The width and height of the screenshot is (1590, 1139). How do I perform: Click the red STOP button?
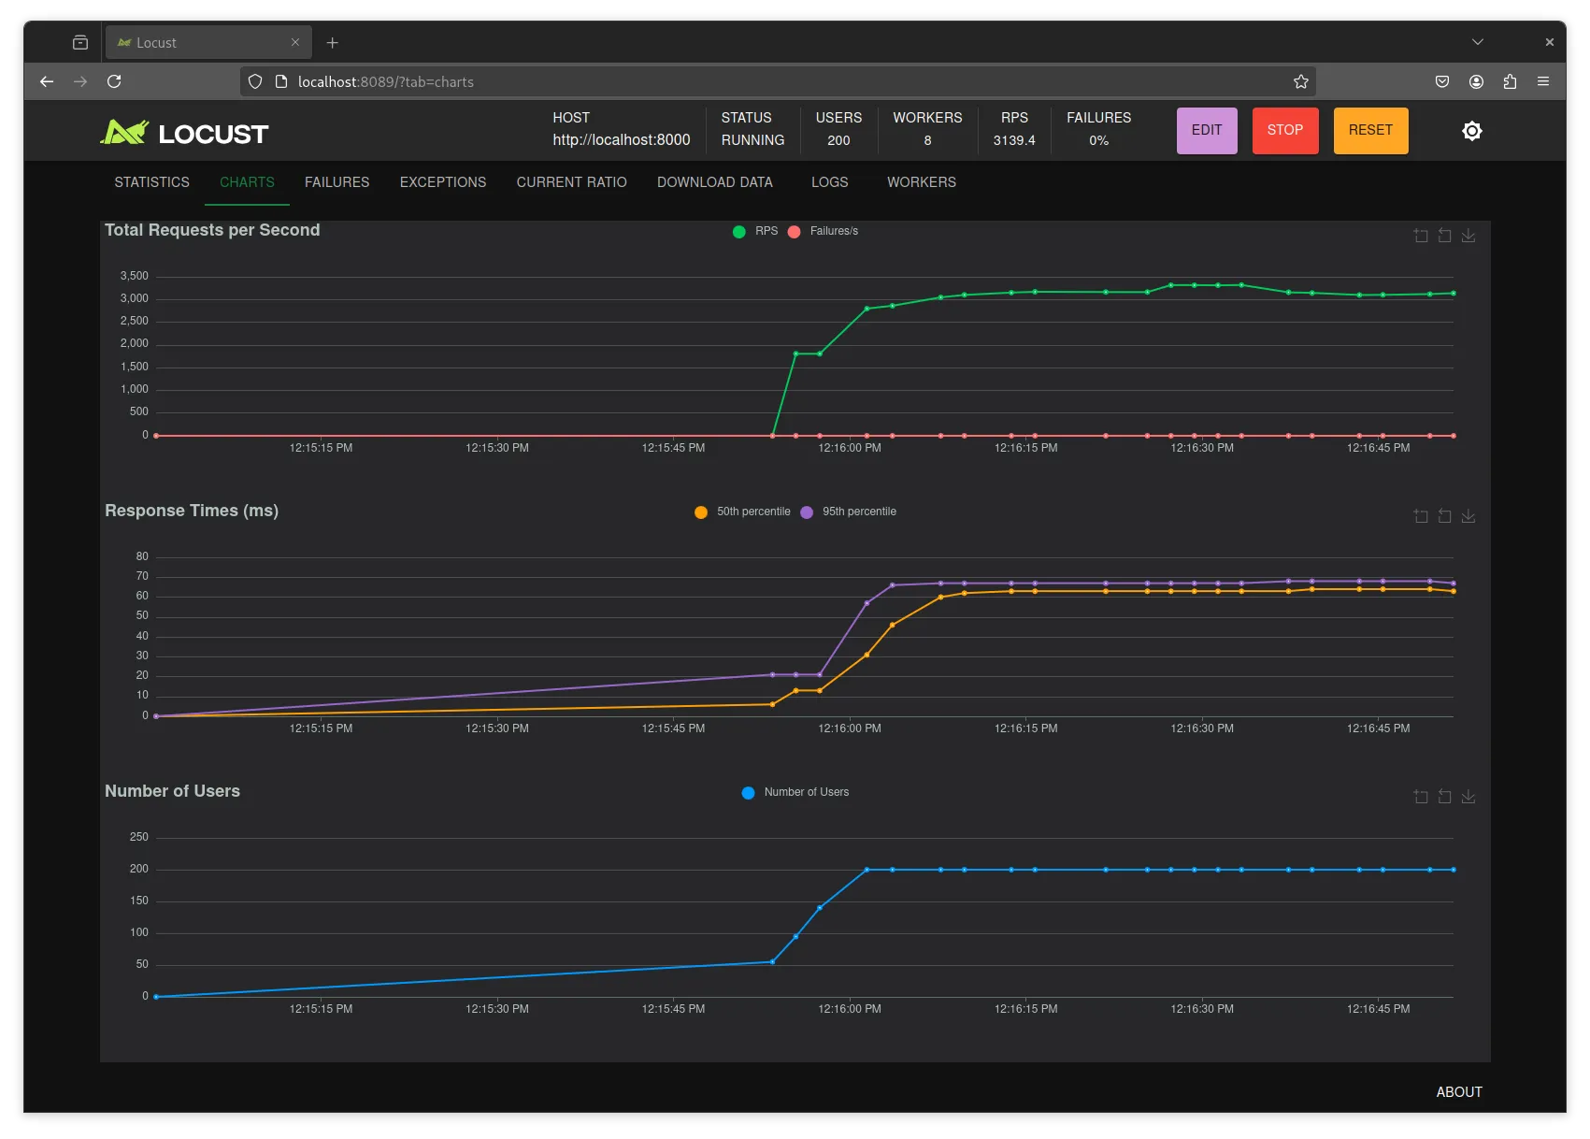coord(1284,130)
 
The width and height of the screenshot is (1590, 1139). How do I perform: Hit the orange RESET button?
coord(1370,130)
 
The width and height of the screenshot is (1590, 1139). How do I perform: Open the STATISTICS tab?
coord(152,181)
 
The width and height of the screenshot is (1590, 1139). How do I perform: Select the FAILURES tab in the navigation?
coord(337,181)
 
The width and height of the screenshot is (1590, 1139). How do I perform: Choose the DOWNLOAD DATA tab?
coord(715,181)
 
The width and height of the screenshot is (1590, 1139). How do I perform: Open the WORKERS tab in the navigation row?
coord(922,181)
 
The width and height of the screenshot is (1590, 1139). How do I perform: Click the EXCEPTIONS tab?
coord(443,181)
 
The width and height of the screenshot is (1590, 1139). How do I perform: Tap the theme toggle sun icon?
coord(1471,131)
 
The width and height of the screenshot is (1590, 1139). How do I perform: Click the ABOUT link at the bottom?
coord(1459,1091)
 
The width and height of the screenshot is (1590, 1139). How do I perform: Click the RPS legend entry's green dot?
coord(739,232)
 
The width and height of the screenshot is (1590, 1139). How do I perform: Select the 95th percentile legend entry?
coord(848,512)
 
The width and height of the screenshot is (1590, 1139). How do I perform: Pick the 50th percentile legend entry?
coord(742,512)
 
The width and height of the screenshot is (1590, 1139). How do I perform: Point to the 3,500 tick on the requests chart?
coord(135,276)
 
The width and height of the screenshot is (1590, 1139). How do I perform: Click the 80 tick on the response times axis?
coord(142,556)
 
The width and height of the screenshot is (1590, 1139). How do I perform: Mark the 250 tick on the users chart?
coord(138,837)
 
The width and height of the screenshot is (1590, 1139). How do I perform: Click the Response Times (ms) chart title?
coord(192,511)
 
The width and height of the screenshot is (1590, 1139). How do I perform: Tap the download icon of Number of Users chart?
coord(1468,796)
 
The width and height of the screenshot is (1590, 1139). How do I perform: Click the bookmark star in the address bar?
coord(1300,81)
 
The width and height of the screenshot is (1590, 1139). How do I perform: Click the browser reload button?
coord(114,81)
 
